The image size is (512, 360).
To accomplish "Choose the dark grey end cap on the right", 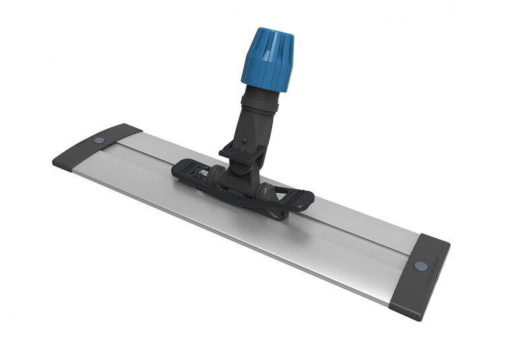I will coord(420,277).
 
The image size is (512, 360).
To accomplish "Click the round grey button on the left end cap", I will coord(99,140).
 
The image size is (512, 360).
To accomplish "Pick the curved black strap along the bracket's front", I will coord(243,199).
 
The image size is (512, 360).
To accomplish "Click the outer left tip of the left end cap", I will coord(54,161).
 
